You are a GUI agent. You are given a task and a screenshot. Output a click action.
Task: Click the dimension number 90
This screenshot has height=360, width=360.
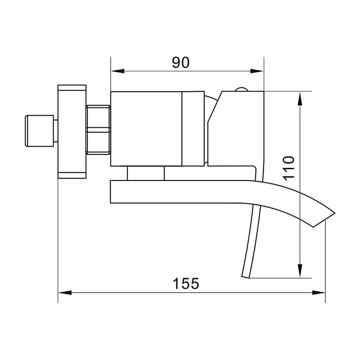(181, 63)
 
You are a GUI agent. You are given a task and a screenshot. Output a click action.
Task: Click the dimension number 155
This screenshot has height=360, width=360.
(186, 283)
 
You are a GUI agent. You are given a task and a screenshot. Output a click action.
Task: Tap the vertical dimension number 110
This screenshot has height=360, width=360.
(288, 168)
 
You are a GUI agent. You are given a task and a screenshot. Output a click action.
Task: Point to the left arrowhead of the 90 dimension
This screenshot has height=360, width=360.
(118, 71)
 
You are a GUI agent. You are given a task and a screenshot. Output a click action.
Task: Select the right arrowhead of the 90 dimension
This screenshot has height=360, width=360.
(256, 71)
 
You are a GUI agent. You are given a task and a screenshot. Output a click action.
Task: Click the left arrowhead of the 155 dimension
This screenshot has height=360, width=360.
(65, 292)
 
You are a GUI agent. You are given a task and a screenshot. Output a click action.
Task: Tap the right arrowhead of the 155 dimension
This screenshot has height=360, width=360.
(319, 292)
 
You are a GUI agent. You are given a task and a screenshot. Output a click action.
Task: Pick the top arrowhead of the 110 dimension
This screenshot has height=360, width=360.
(300, 99)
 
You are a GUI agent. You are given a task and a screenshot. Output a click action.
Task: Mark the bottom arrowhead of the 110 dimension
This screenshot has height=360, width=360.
(300, 270)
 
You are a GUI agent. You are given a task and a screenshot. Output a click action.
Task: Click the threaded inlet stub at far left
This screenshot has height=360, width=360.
(39, 130)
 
